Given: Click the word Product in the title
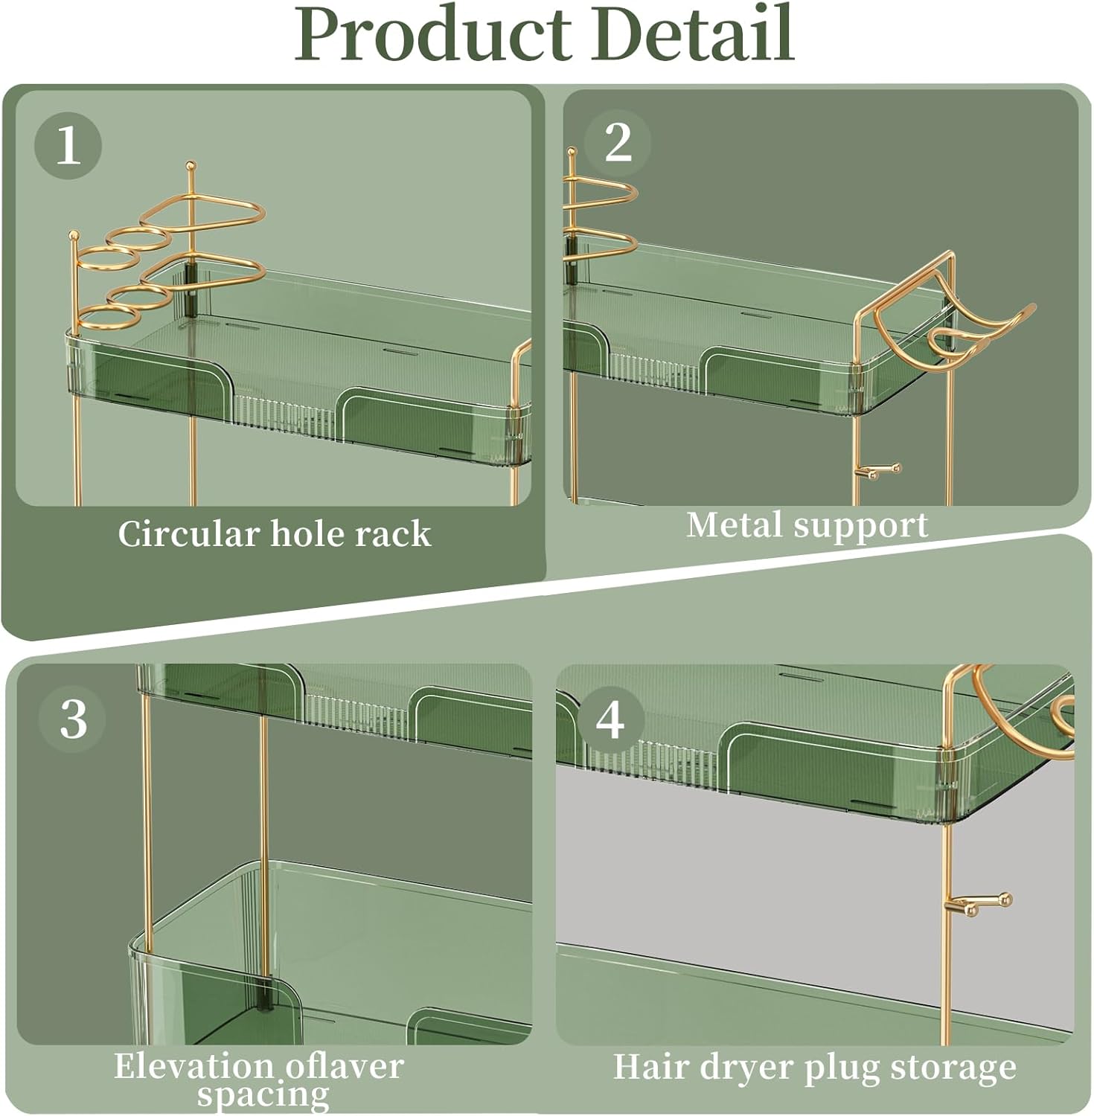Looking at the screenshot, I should [x=436, y=34].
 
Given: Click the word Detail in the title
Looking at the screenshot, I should [x=694, y=34].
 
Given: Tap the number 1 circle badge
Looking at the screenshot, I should [x=68, y=145].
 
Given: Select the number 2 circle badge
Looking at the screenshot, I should [x=618, y=142].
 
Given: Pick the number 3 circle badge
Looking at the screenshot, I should [x=73, y=719].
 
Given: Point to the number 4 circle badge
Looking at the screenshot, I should [x=610, y=721].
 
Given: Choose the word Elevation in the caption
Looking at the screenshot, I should [x=200, y=1066].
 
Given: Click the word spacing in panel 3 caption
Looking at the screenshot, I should [x=263, y=1095].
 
